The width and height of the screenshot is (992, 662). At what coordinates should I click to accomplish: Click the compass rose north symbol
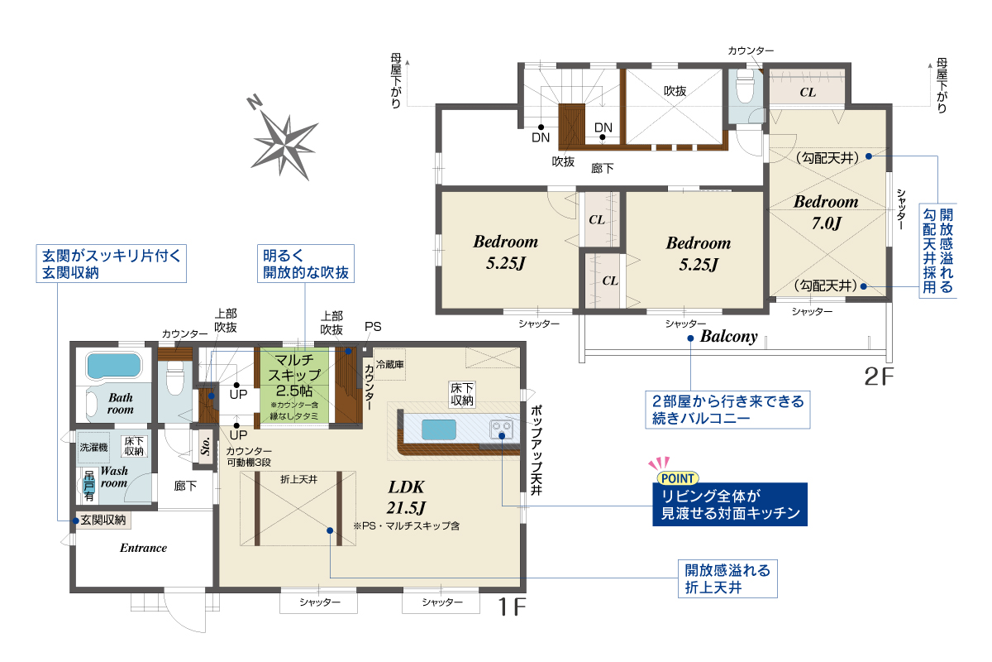click(x=284, y=141)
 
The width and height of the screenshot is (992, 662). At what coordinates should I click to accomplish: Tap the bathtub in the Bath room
click(x=114, y=366)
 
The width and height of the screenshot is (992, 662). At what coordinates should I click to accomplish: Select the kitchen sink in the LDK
click(x=438, y=429)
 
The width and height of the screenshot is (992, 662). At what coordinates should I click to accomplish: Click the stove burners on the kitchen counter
click(x=501, y=429)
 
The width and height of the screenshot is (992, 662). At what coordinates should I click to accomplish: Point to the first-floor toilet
click(x=175, y=377)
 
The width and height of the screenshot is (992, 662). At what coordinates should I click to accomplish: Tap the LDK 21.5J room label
click(x=406, y=497)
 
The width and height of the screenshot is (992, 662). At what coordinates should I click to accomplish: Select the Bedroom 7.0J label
click(x=826, y=213)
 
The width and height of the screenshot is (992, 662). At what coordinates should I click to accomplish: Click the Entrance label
click(x=143, y=548)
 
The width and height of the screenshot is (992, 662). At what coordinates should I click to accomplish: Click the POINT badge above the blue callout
click(x=677, y=478)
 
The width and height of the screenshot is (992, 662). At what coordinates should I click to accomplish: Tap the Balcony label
click(x=729, y=337)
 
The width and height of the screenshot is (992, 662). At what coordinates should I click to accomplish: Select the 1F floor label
click(x=512, y=607)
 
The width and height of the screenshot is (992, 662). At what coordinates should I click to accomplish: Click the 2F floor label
click(x=879, y=377)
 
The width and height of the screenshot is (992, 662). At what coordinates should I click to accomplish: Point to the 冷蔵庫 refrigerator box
click(x=389, y=364)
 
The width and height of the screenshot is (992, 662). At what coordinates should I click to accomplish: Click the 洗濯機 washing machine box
click(x=93, y=448)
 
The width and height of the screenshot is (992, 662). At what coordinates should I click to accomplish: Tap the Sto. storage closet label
click(x=206, y=447)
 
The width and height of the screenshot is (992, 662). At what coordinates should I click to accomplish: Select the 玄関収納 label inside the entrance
click(x=103, y=520)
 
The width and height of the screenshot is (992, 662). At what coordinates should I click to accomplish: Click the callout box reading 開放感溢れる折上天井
click(x=727, y=578)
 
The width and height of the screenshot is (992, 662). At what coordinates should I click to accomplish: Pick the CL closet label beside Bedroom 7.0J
click(x=808, y=92)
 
